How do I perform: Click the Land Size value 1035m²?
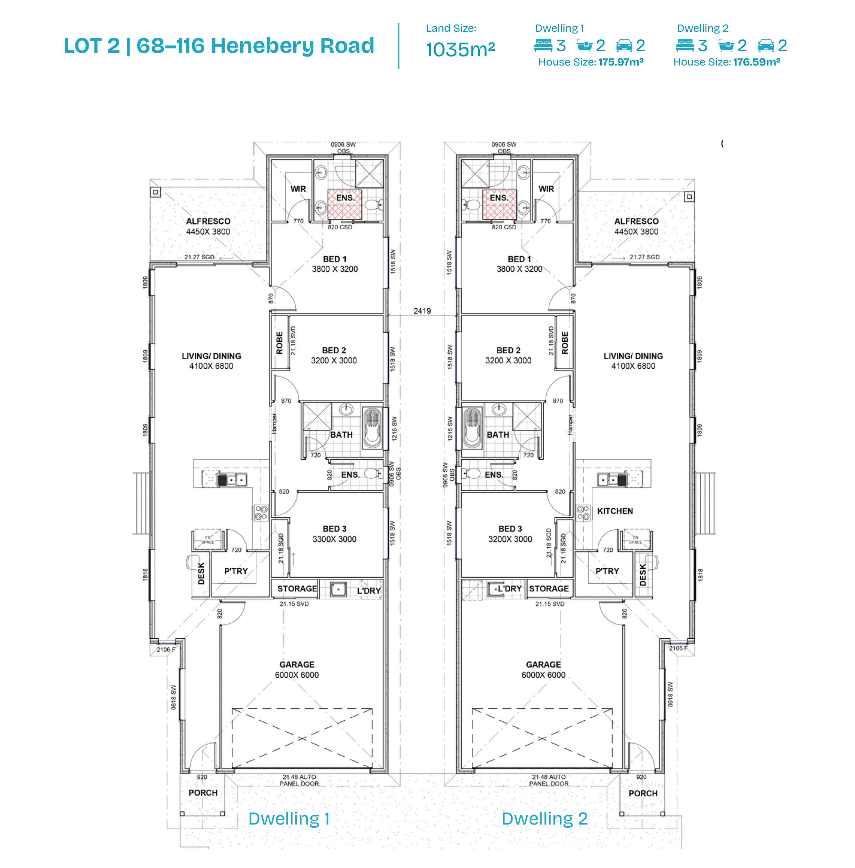[x=460, y=49]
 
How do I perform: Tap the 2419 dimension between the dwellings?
[x=422, y=311]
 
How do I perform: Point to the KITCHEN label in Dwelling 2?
[x=615, y=511]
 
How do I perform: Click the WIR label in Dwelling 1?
[x=298, y=189]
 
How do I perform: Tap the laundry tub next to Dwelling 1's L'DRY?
[x=338, y=589]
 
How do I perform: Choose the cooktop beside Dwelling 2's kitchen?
[x=583, y=512]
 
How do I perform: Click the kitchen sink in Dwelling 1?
[x=232, y=480]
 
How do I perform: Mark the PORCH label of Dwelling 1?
[x=203, y=793]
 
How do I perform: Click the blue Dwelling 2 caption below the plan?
[x=545, y=819]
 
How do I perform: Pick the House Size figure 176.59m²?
[x=757, y=62]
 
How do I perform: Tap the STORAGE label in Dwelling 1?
[x=297, y=589]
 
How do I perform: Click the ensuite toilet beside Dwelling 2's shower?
[x=471, y=205]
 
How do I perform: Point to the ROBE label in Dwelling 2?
[x=565, y=343]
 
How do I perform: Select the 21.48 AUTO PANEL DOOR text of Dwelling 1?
[x=299, y=780]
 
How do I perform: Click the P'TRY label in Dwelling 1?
[x=236, y=571]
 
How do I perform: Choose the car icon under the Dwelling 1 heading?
[x=624, y=45]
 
